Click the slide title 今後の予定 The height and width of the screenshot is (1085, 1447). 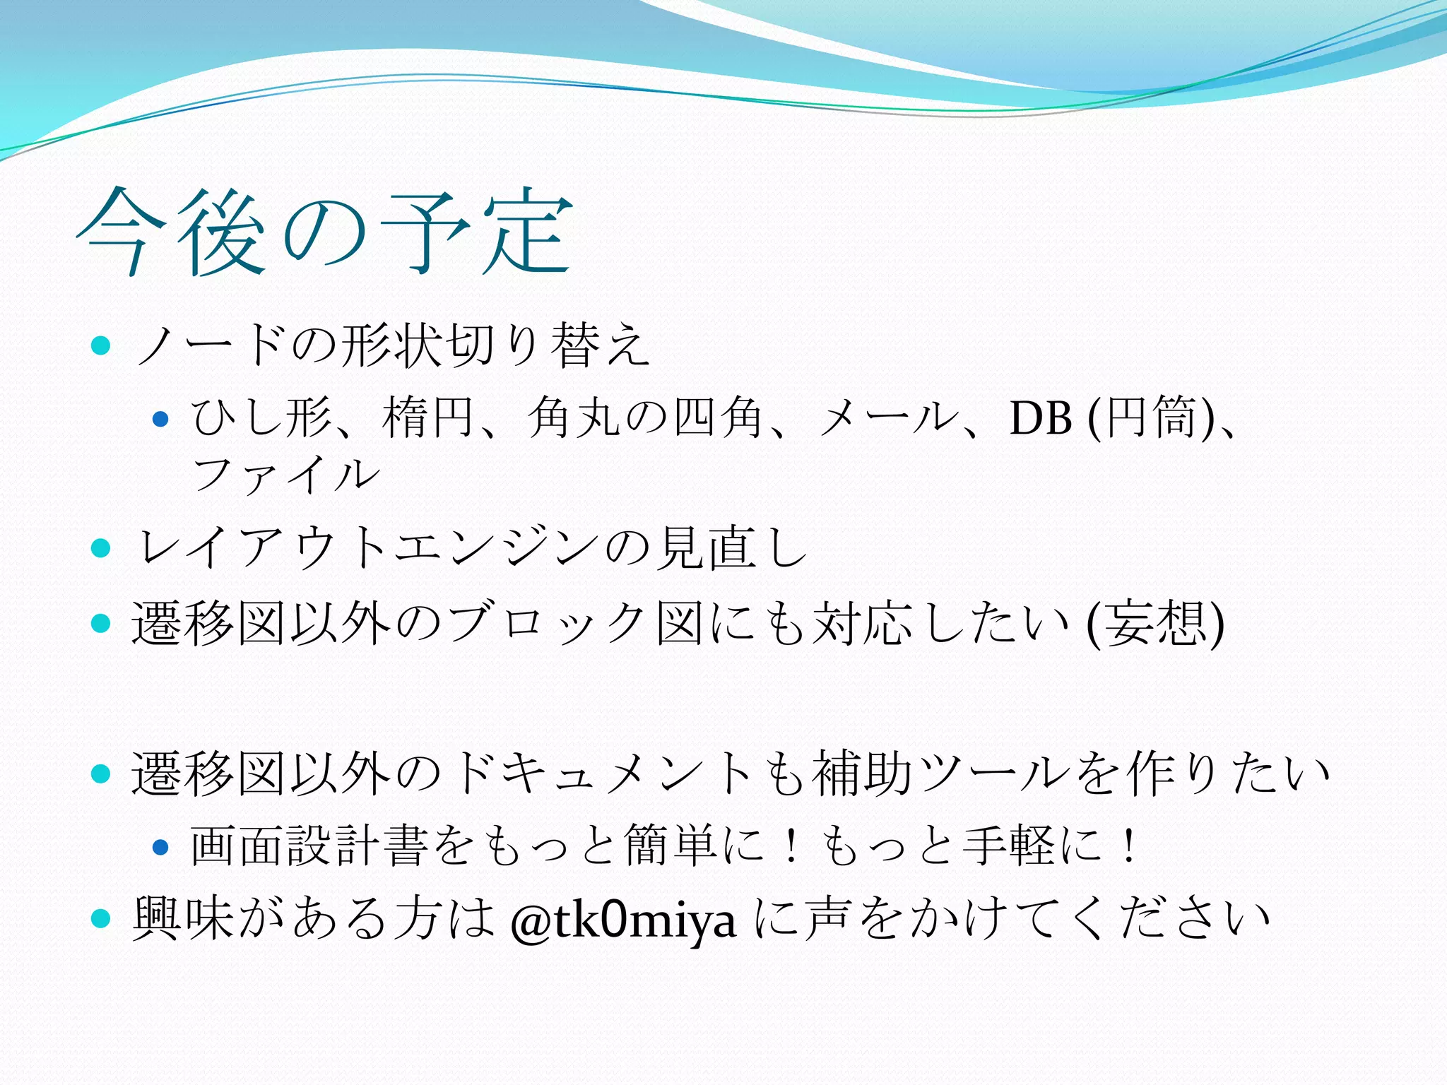[325, 232]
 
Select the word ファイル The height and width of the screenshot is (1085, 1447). [286, 474]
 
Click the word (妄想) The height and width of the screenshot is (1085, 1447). [1154, 624]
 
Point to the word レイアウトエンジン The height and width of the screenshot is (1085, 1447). [368, 548]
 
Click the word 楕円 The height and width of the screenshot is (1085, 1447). [427, 418]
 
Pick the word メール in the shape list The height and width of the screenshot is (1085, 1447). [886, 418]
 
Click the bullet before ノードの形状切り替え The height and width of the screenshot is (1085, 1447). [102, 345]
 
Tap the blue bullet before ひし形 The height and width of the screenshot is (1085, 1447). [161, 419]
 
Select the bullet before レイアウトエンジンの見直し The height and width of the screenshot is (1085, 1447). [102, 548]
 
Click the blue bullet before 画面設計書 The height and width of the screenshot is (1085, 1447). [161, 846]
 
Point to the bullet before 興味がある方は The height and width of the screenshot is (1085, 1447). [102, 918]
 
